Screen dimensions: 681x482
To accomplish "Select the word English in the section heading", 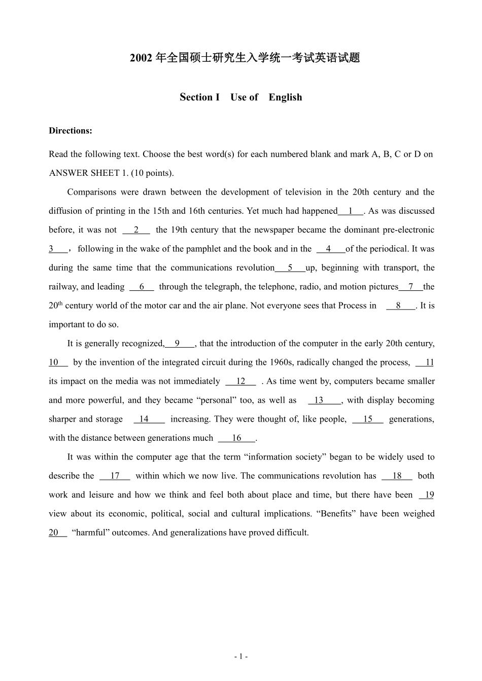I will pyautogui.click(x=285, y=97).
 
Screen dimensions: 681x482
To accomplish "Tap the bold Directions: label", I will pyautogui.click(x=71, y=131).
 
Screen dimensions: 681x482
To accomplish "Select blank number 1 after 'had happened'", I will pyautogui.click(x=351, y=211).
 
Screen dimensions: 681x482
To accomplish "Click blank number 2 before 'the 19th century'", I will pyautogui.click(x=136, y=230).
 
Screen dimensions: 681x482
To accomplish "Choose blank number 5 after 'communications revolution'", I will pyautogui.click(x=290, y=268).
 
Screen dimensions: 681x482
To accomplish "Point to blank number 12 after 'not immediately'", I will pyautogui.click(x=240, y=382).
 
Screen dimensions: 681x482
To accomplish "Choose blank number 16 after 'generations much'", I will pyautogui.click(x=236, y=438).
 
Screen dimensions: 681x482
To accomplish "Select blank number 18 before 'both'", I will pyautogui.click(x=397, y=476).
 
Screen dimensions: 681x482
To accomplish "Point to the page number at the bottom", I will pyautogui.click(x=241, y=657).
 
